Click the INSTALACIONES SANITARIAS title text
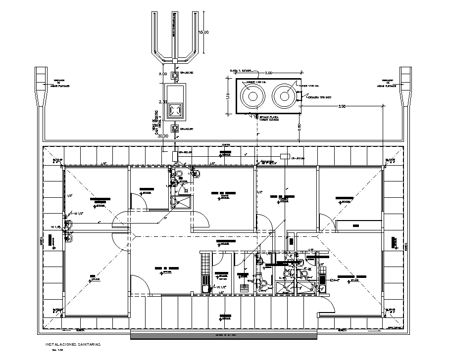coord(72,344)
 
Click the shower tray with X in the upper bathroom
coord(180,202)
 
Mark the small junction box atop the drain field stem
coord(175,60)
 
